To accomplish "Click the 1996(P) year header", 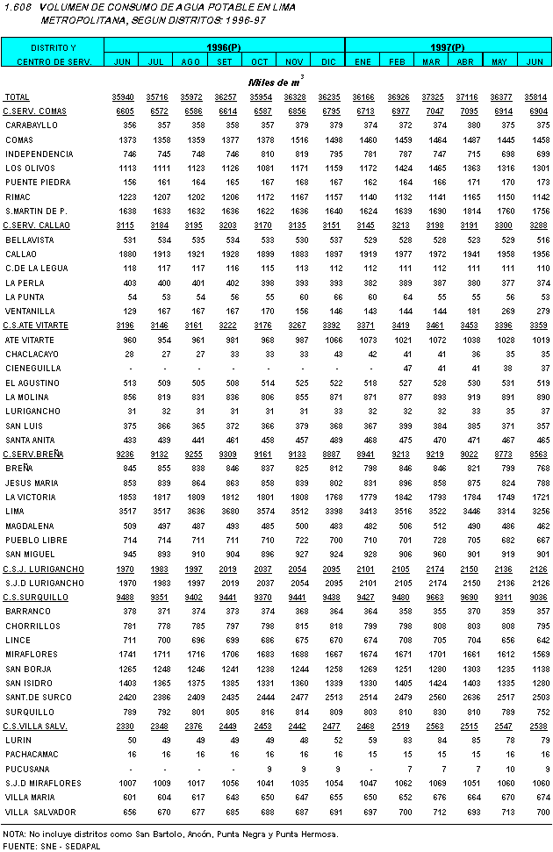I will click(x=224, y=46).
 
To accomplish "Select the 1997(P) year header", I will click(x=448, y=46).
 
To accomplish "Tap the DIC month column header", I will click(x=328, y=61).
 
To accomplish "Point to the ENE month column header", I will click(x=363, y=61).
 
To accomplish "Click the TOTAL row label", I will click(x=17, y=97).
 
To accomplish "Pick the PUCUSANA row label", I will click(x=27, y=769).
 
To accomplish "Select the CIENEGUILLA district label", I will click(x=32, y=369).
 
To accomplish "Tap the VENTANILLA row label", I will click(x=30, y=311).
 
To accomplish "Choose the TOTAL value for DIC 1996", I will click(x=329, y=97).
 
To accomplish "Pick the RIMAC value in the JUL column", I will click(x=158, y=197).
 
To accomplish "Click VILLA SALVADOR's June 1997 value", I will click(x=535, y=812).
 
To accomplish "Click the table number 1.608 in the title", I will click(x=17, y=6).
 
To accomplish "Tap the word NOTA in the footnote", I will click(x=13, y=834).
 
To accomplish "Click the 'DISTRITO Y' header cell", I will click(x=53, y=46).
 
